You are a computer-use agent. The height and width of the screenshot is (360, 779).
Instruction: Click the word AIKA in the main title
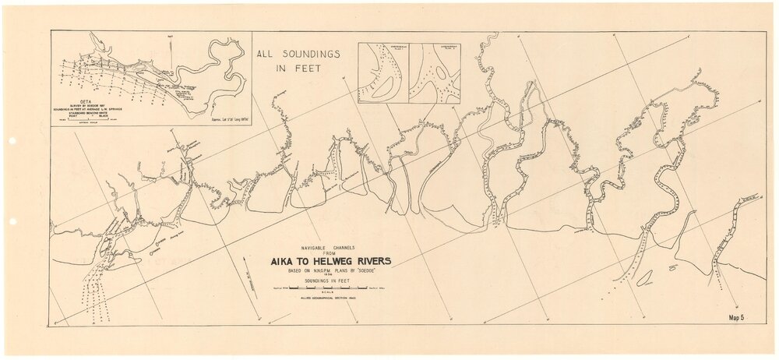tap(285, 262)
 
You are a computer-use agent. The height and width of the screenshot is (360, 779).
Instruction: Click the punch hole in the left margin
tap(12, 143)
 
